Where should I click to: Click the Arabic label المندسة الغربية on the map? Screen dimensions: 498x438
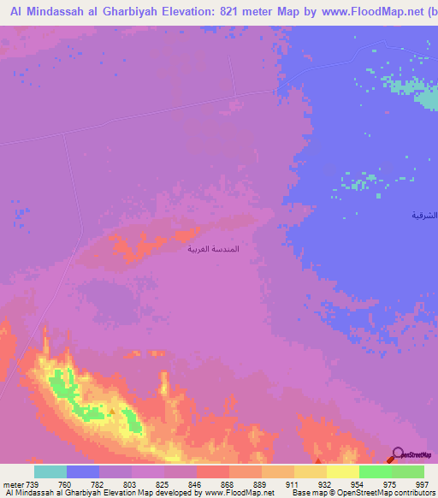(213, 248)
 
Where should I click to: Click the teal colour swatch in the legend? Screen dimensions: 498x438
(50, 471)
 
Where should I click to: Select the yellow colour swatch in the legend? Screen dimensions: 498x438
(342, 471)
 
